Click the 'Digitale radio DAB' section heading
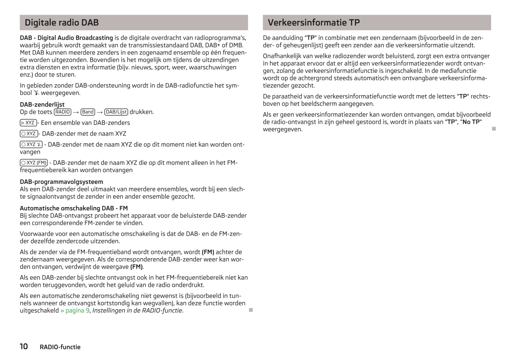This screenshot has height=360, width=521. [x=62, y=23]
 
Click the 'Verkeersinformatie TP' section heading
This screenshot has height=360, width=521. [x=313, y=23]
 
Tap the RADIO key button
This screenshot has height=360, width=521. [x=63, y=112]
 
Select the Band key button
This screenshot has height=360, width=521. [x=88, y=112]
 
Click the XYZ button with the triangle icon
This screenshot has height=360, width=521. [x=28, y=123]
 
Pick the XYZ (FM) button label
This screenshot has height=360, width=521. [x=34, y=163]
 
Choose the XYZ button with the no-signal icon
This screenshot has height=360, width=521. [x=31, y=144]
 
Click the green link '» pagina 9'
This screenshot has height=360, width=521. [x=75, y=311]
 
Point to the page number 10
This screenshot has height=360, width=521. [x=24, y=346]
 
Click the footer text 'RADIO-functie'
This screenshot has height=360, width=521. [x=60, y=347]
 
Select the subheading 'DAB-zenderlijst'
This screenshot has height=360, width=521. [x=42, y=104]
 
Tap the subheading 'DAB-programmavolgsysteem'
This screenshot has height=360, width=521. [x=61, y=182]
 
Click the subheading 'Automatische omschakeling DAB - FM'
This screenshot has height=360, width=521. [x=74, y=208]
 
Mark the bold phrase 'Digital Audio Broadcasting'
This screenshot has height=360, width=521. [x=75, y=38]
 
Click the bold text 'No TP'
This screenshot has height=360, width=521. [x=472, y=122]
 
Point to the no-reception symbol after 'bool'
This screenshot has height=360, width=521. [x=37, y=93]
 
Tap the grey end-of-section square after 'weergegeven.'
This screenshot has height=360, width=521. [x=494, y=129]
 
